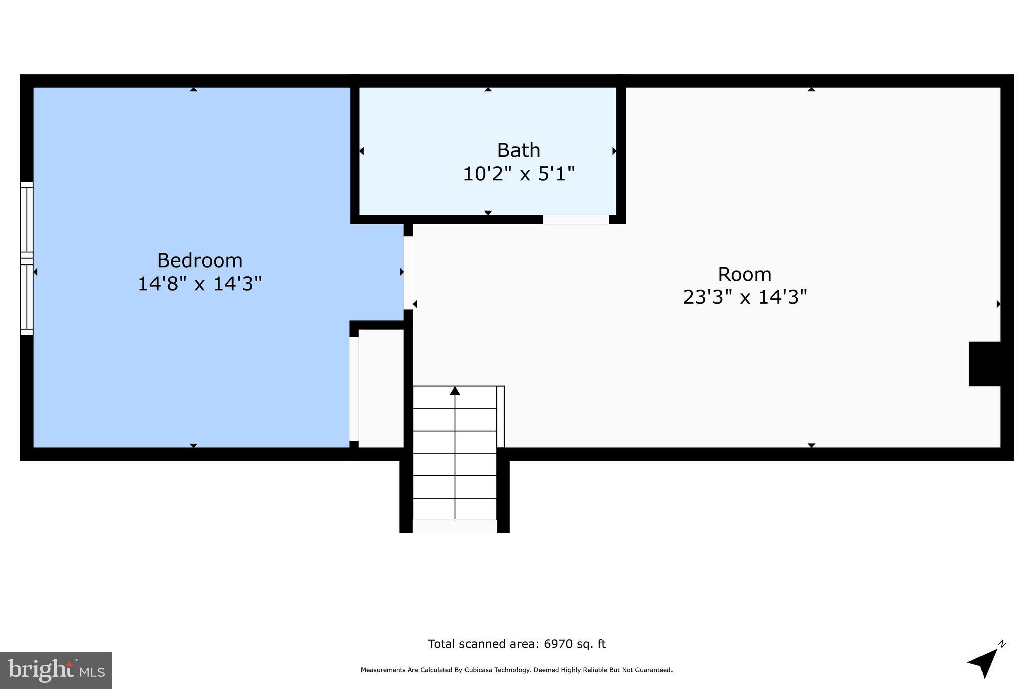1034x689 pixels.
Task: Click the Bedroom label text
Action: tap(199, 260)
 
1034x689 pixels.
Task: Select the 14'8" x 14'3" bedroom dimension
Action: tap(199, 284)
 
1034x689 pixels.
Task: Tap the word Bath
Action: tap(519, 150)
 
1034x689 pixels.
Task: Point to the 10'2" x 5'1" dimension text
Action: tap(519, 174)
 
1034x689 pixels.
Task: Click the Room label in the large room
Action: tap(745, 274)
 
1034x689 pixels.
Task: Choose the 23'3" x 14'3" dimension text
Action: tap(745, 297)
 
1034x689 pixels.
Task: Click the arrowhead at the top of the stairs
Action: tap(455, 391)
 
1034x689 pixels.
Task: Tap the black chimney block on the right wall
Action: tap(984, 364)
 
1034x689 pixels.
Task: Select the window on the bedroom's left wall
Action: tap(27, 258)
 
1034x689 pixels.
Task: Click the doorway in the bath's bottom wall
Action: tap(576, 219)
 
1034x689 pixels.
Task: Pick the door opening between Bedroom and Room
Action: tap(408, 273)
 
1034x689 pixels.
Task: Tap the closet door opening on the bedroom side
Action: tap(354, 389)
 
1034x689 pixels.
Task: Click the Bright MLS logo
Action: tap(56, 670)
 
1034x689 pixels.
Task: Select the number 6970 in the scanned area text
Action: tap(556, 644)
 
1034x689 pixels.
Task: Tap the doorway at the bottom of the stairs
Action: tap(455, 525)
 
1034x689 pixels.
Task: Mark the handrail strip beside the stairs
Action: tap(500, 416)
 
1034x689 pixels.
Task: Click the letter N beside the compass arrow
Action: tap(1002, 644)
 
